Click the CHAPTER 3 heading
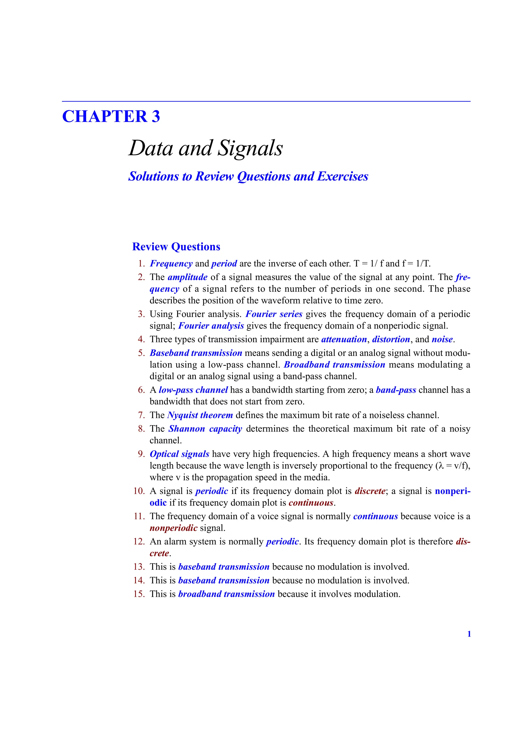pyautogui.click(x=111, y=116)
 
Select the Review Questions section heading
pyautogui.click(x=176, y=247)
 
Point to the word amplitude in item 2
pyautogui.click(x=188, y=277)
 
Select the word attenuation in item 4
pyautogui.click(x=344, y=339)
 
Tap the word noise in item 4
pyautogui.click(x=442, y=339)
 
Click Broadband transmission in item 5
pyautogui.click(x=334, y=365)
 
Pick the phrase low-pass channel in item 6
pyautogui.click(x=193, y=390)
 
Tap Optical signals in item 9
pyautogui.click(x=180, y=454)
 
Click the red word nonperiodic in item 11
pyautogui.click(x=174, y=528)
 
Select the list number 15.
pyautogui.click(x=139, y=594)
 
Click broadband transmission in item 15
pyautogui.click(x=226, y=594)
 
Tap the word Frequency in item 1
pyautogui.click(x=171, y=264)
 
